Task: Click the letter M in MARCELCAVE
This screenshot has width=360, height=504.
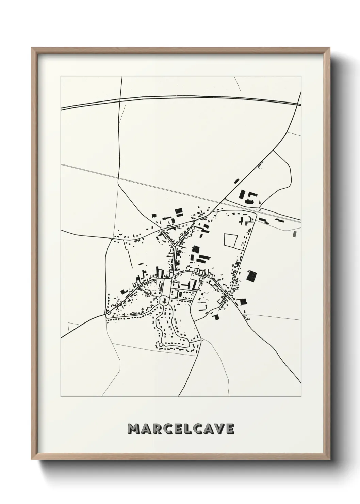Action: tap(133, 429)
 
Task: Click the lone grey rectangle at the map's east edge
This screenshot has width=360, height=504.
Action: tap(294, 234)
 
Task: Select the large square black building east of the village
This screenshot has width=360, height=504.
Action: tap(252, 275)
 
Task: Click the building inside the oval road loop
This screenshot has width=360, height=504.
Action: tap(164, 301)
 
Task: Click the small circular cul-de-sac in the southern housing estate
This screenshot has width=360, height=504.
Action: tap(161, 345)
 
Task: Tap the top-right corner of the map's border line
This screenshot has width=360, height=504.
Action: tap(301, 76)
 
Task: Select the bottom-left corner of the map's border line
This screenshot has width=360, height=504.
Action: tap(61, 397)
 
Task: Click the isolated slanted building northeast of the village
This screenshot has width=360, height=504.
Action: tap(236, 181)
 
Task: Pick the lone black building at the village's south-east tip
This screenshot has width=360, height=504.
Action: tap(216, 317)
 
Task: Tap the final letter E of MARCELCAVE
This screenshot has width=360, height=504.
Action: tap(230, 429)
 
